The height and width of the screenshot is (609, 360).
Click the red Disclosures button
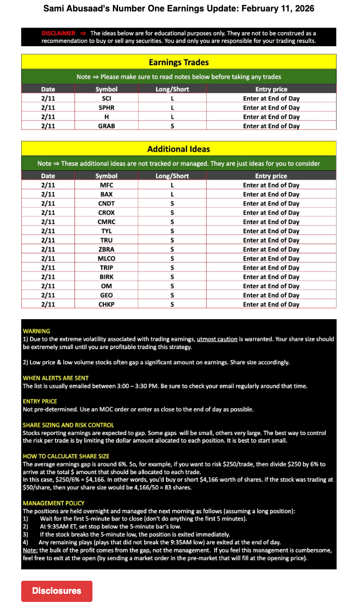[57, 591]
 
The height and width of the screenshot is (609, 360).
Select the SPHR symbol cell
[107, 108]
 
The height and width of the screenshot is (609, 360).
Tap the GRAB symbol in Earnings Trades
[107, 126]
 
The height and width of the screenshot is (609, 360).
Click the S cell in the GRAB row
[172, 126]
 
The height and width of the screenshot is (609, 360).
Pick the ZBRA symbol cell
[107, 250]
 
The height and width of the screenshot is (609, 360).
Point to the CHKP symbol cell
[107, 304]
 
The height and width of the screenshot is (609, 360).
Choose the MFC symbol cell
[107, 185]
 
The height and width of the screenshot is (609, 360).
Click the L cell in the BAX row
[172, 195]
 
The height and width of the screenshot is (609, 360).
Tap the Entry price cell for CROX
[271, 213]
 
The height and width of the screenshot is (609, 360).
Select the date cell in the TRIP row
[48, 268]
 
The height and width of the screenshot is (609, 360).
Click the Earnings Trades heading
[178, 62]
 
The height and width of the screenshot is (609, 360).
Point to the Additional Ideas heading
[178, 149]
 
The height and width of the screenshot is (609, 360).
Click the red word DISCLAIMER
[58, 33]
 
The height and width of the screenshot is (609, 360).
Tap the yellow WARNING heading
[36, 331]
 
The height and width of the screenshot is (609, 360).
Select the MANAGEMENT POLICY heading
[54, 504]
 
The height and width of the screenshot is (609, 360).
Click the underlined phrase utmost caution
[217, 339]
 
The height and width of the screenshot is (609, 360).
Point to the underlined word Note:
[30, 550]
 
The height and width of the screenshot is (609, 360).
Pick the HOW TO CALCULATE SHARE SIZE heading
[66, 457]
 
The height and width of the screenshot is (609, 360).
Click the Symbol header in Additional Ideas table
[107, 176]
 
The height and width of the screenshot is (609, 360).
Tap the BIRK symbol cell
[107, 277]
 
